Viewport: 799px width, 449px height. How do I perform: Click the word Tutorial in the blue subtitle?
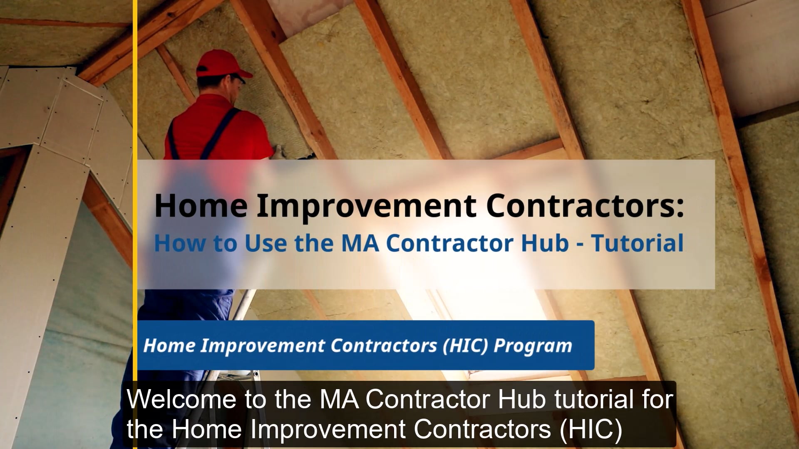[x=638, y=243]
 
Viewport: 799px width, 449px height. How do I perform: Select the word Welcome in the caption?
[x=182, y=399]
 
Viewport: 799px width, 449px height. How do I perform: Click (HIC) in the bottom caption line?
[x=591, y=429]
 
